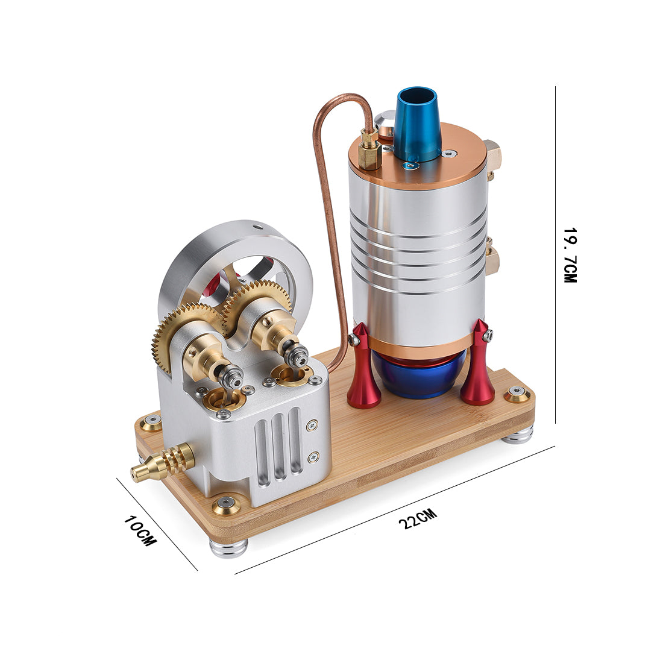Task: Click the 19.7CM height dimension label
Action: tap(570, 255)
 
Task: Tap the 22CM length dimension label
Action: tap(416, 518)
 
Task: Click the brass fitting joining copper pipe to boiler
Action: tap(369, 148)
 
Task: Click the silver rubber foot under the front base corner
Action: tap(230, 547)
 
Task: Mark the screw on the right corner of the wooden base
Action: tap(517, 394)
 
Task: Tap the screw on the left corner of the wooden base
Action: tap(151, 421)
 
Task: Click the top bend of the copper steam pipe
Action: tap(338, 99)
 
